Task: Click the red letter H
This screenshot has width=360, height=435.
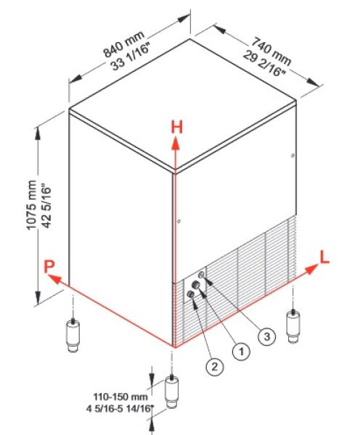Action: click(176, 128)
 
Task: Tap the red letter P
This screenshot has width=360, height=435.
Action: click(49, 267)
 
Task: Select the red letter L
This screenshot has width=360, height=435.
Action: click(324, 257)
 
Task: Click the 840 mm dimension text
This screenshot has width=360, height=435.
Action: click(124, 43)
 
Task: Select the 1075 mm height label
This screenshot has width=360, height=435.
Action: click(32, 204)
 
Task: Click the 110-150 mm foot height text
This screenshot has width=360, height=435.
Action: click(120, 397)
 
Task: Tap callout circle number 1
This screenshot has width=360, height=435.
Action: click(241, 352)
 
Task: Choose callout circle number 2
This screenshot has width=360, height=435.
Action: click(215, 367)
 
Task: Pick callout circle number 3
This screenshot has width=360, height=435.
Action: click(266, 336)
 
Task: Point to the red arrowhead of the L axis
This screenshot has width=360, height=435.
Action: click(311, 269)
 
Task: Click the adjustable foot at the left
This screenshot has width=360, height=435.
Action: click(73, 335)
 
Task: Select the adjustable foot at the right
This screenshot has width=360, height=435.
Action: click(293, 326)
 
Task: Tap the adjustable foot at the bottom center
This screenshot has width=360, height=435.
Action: click(172, 392)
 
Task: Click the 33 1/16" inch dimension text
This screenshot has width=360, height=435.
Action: click(131, 60)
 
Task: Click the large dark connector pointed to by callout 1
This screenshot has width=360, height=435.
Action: click(196, 284)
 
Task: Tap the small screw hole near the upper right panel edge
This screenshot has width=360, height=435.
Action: click(292, 155)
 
